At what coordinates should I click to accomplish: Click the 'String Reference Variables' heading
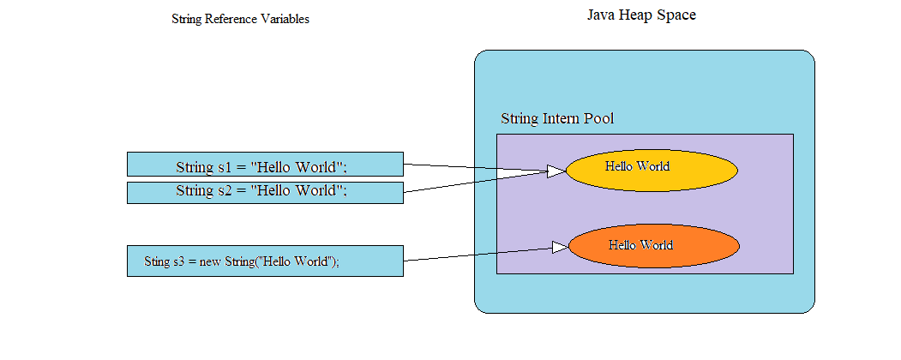(240, 20)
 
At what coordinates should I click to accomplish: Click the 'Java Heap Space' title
(640, 15)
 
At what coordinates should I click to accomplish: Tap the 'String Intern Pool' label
(556, 118)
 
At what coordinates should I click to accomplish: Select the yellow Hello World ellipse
(652, 171)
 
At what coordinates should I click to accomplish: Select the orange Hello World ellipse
(653, 246)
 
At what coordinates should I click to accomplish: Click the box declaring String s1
(265, 165)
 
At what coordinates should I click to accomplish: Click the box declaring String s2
(265, 192)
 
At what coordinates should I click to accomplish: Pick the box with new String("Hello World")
(265, 261)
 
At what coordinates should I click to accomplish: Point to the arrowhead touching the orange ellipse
(560, 248)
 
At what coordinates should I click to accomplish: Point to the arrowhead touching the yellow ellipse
(556, 171)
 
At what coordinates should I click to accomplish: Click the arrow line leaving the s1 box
(472, 167)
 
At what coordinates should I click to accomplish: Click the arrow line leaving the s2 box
(472, 182)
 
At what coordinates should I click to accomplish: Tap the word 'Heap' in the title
(640, 15)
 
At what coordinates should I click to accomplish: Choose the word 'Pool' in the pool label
(598, 118)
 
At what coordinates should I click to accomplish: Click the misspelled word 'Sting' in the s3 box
(158, 261)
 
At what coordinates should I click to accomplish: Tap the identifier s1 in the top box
(224, 167)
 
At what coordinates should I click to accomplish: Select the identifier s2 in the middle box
(224, 190)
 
